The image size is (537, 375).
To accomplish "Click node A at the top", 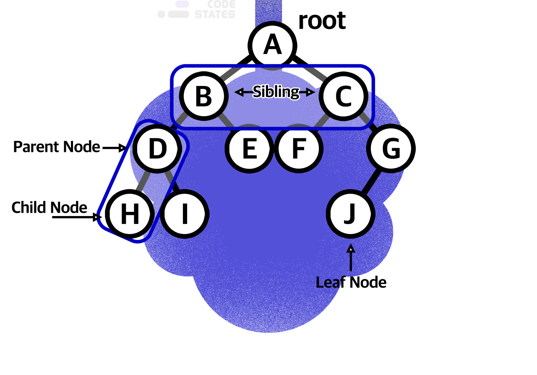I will tap(272, 45).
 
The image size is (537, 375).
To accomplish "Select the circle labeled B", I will tap(204, 96).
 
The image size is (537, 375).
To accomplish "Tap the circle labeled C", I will tap(343, 96).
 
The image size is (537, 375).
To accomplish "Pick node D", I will tap(157, 148).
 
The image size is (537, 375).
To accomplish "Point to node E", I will tap(249, 148).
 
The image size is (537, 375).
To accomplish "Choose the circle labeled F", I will tap(298, 148).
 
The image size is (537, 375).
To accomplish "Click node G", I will tap(391, 148).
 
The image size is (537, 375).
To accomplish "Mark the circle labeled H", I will tap(130, 214).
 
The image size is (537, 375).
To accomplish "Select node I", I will tap(184, 214).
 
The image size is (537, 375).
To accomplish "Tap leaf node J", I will tap(350, 214).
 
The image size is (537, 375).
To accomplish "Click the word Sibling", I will tap(276, 92).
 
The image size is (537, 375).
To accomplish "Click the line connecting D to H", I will tap(144, 180).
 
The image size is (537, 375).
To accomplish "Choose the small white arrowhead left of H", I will tap(99, 217).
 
